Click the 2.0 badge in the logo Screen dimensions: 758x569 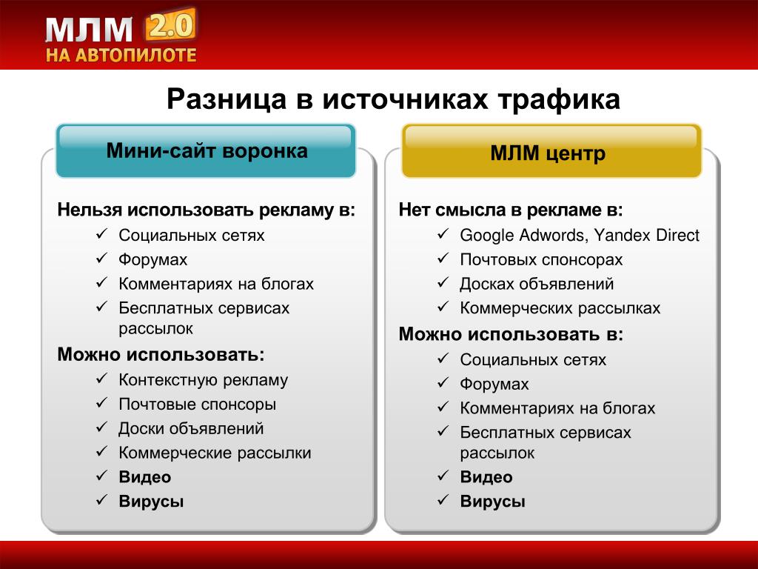170,25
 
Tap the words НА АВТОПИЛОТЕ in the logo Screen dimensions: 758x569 121,55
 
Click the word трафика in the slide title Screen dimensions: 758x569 559,99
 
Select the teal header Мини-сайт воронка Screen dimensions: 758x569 207,151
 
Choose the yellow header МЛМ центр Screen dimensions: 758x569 551,151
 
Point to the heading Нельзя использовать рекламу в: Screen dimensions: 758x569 207,210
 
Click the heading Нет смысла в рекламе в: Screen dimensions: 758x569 511,210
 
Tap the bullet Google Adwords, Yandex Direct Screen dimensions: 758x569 580,235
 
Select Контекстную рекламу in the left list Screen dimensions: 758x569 203,380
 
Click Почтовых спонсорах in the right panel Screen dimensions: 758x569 541,260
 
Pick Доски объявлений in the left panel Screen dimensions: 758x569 191,429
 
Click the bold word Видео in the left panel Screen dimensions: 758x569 145,477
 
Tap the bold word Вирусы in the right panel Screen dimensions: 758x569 492,502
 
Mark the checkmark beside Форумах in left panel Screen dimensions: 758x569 101,259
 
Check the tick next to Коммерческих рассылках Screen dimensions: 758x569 443,307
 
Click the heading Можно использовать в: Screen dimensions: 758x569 511,334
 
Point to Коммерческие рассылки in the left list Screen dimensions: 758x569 215,453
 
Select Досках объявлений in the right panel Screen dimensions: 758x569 537,284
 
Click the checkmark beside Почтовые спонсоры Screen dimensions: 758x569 101,403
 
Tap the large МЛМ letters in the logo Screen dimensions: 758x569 89,30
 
